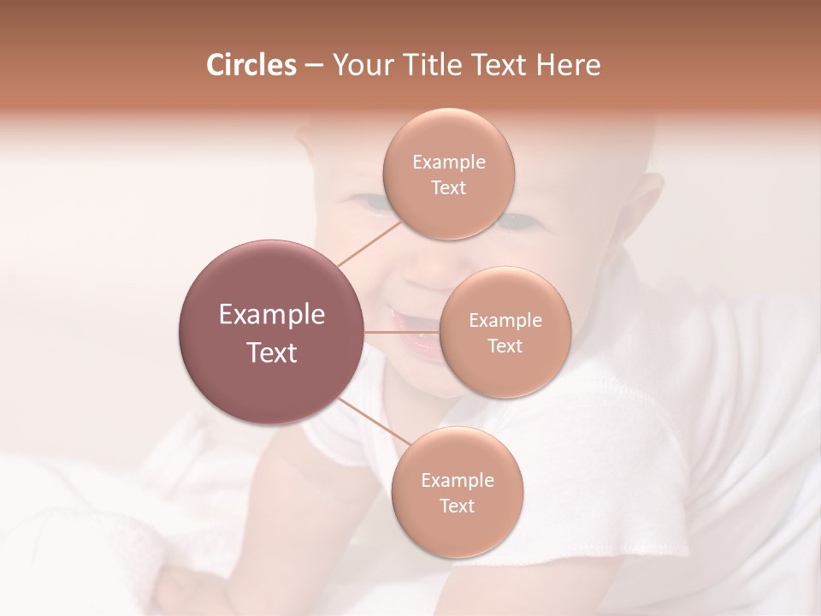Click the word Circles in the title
[251, 65]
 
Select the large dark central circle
[272, 332]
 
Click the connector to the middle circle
[402, 332]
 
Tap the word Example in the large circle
[272, 315]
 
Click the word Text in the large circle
[272, 352]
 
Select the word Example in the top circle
[449, 163]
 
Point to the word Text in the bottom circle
[457, 506]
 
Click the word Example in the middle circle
[505, 321]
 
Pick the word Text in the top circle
[448, 188]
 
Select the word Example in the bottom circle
[458, 481]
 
